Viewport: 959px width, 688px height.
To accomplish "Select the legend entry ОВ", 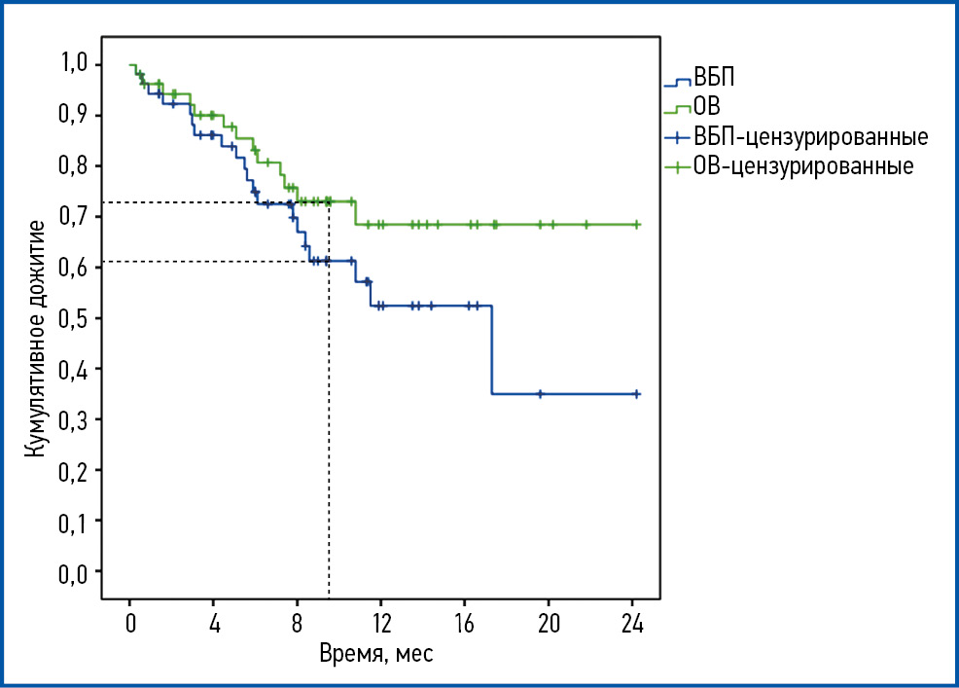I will click(x=707, y=107).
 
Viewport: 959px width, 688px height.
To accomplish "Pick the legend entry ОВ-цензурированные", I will click(x=803, y=165).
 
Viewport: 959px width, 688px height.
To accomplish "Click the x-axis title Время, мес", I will click(x=376, y=653).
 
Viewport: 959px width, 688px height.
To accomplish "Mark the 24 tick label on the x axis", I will click(x=632, y=623).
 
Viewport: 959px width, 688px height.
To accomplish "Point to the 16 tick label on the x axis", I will click(x=464, y=623).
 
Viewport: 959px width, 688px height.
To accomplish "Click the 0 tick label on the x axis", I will click(x=130, y=623).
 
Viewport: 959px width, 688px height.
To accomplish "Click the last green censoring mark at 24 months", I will click(x=637, y=224).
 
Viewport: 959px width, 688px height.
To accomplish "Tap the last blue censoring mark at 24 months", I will click(x=637, y=393).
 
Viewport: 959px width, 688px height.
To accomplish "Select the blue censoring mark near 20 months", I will click(x=540, y=393).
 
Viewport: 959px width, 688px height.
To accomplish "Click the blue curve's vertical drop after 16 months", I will click(x=492, y=350).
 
